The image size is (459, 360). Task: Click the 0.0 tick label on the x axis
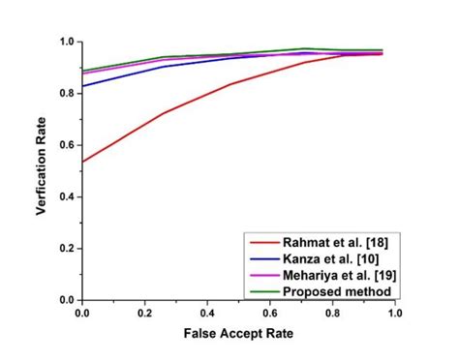click(82, 314)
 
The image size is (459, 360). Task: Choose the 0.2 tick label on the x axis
click(145, 314)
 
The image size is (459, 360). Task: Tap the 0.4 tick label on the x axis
click(208, 314)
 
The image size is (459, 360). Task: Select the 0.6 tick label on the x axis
click(271, 314)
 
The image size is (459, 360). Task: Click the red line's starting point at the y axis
click(83, 162)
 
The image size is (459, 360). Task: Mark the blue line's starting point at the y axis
click(83, 86)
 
